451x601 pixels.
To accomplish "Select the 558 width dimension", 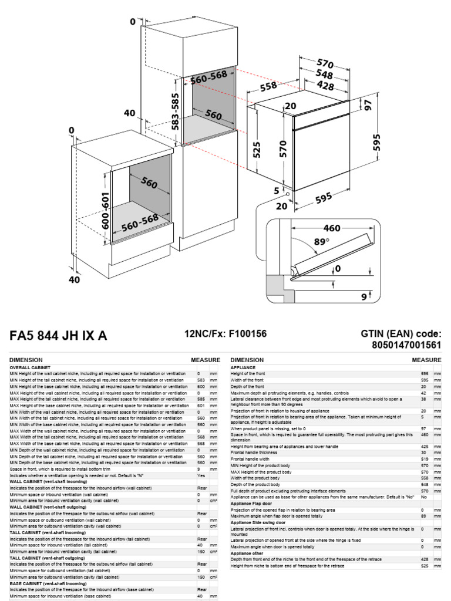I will (x=268, y=87).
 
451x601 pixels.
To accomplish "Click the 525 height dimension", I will (x=257, y=152).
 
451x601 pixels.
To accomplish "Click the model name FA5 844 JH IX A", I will (x=58, y=336).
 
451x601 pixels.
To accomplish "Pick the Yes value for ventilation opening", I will (x=201, y=476).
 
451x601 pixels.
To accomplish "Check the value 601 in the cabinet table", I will (x=200, y=406).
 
